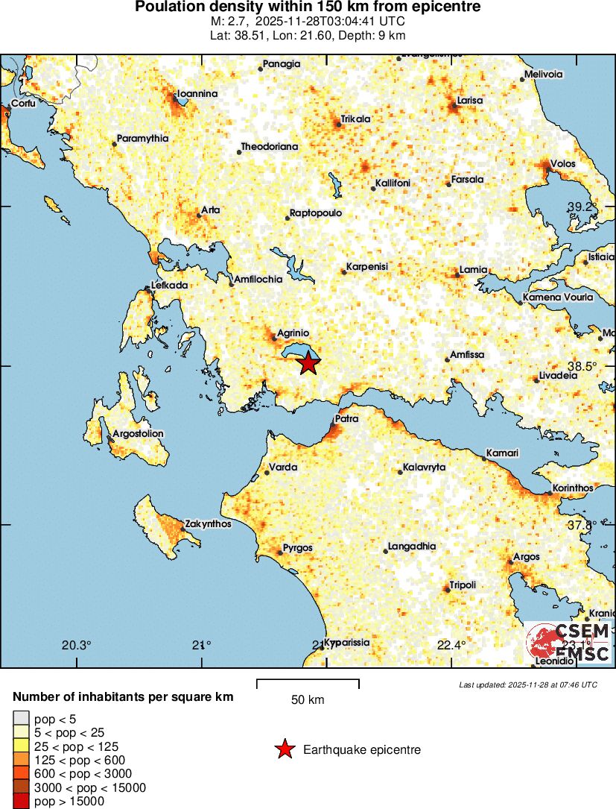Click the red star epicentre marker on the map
tap(308, 364)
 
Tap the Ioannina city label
tap(197, 94)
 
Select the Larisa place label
tap(470, 100)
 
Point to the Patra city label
tap(346, 419)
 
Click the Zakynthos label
tap(208, 524)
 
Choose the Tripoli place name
tap(463, 585)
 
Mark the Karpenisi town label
tap(367, 267)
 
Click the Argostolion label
tap(138, 433)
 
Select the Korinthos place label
tap(572, 488)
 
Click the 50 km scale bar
tap(308, 680)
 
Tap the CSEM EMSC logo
tap(568, 643)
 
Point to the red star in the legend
tap(284, 749)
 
